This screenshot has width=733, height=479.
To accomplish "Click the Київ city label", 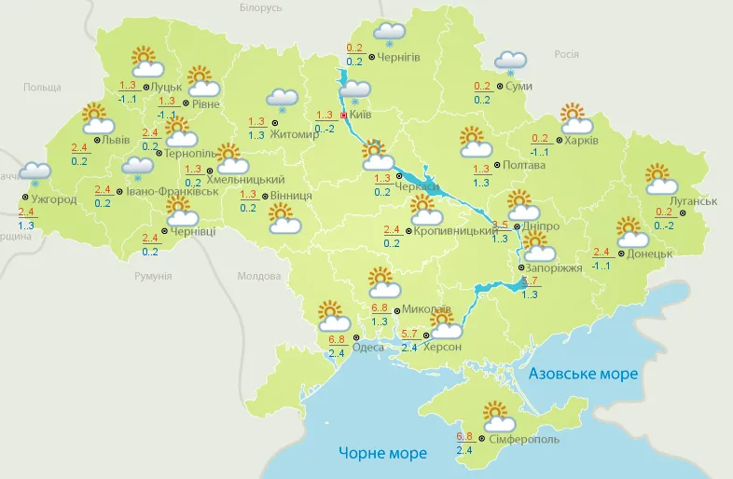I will (x=360, y=115).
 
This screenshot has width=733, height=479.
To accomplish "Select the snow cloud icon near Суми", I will (x=510, y=62).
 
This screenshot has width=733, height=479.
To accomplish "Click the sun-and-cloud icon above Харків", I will (x=577, y=119).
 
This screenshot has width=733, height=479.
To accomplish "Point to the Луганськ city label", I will (x=693, y=201).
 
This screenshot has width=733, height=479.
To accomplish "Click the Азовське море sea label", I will (x=583, y=374).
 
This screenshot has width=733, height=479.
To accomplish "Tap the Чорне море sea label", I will (x=382, y=453).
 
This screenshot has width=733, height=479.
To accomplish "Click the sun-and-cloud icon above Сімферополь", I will (x=497, y=416).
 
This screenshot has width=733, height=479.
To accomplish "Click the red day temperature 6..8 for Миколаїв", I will (x=380, y=308).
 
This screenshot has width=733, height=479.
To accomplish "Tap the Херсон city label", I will (x=442, y=347).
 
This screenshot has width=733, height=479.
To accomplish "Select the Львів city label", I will (x=116, y=140).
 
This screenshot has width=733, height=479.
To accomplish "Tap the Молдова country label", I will (x=258, y=277).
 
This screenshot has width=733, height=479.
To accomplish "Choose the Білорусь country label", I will (x=260, y=7).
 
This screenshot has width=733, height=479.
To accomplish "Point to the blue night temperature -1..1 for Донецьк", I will (x=602, y=267).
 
